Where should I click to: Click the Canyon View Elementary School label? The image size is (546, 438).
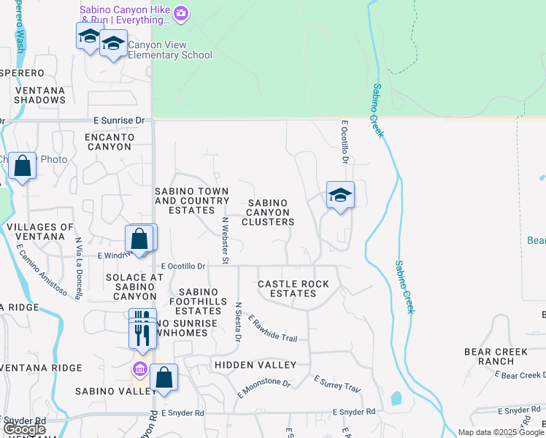pyautogui.click(x=169, y=50)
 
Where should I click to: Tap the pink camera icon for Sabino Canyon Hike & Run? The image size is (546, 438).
pyautogui.click(x=181, y=12)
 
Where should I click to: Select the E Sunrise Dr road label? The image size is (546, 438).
pyautogui.click(x=119, y=120)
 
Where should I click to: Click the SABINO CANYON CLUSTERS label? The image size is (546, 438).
pyautogui.click(x=268, y=212)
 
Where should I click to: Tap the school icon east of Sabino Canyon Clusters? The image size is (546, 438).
pyautogui.click(x=340, y=196)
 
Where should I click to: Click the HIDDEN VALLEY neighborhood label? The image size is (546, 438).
pyautogui.click(x=255, y=365)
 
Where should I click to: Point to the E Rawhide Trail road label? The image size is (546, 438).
pyautogui.click(x=273, y=328)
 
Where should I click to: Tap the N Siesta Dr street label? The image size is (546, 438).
pyautogui.click(x=238, y=322)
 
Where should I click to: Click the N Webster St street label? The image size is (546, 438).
pyautogui.click(x=226, y=240)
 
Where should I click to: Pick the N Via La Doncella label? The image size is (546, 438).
pyautogui.click(x=78, y=258)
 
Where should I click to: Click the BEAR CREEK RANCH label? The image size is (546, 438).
pyautogui.click(x=496, y=356)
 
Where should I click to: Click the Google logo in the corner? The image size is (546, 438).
pyautogui.click(x=23, y=429)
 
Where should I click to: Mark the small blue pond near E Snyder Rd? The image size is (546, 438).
pyautogui.click(x=396, y=399)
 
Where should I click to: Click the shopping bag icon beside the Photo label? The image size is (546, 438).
pyautogui.click(x=23, y=166)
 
